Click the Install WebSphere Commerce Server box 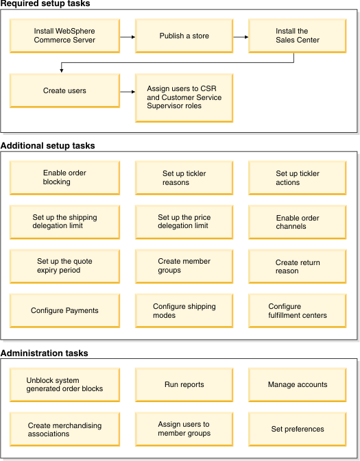64,36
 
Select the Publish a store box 184,36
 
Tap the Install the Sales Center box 298,36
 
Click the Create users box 64,90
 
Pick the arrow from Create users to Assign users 128,92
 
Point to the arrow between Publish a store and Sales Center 241,37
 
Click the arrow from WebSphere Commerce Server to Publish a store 128,37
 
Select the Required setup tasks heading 45,3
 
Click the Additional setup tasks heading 48,145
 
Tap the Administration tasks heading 44,353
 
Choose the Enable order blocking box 64,177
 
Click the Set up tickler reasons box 184,177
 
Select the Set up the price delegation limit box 184,222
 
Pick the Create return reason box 298,266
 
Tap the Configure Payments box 64,311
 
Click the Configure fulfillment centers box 298,311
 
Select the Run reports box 184,385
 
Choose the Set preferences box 298,429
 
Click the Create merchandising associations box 64,429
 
